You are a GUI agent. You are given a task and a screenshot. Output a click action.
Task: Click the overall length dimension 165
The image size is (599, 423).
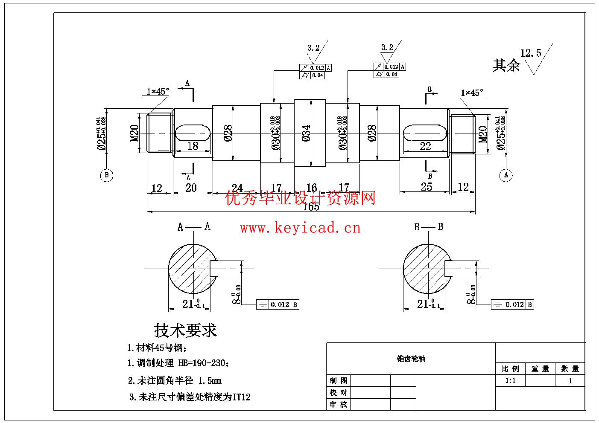[x=311, y=207]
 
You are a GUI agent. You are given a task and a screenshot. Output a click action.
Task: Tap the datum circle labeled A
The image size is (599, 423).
[x=506, y=175]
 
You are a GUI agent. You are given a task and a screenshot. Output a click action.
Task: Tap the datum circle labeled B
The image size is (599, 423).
[x=107, y=175]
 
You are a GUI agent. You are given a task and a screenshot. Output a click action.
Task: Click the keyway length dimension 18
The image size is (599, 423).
[x=193, y=146]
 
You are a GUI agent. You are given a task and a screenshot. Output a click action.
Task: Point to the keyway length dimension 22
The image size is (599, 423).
[x=425, y=146]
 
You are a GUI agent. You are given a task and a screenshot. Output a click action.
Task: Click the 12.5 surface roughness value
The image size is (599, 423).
[x=530, y=53]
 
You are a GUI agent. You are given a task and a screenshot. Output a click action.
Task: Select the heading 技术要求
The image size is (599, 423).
[x=185, y=330]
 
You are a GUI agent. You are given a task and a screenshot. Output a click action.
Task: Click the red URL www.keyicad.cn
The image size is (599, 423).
[x=300, y=228]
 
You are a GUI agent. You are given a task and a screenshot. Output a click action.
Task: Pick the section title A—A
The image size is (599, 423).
[x=194, y=227]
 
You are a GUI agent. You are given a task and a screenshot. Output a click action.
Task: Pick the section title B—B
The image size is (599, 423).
[x=429, y=227]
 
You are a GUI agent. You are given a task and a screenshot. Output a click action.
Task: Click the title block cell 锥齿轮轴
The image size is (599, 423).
[x=411, y=359]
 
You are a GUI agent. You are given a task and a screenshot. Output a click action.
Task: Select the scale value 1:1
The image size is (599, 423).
[x=510, y=381]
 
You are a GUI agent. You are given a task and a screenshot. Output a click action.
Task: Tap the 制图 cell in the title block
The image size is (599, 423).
[x=339, y=381]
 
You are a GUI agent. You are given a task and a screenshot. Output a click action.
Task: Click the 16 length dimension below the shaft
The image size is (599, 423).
[x=312, y=188]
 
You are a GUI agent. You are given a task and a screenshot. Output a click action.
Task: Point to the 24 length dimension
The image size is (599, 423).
[x=237, y=188]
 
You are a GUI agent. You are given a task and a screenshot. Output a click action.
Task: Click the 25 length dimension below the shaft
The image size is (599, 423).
[x=426, y=187]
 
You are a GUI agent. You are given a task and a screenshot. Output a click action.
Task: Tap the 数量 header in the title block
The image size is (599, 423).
[x=570, y=369]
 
